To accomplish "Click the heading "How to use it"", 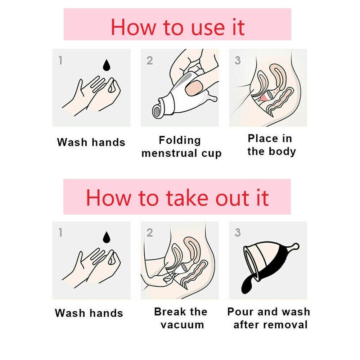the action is (x=177, y=27).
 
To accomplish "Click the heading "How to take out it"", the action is (x=177, y=198).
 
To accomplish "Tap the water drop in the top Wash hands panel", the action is (x=106, y=66).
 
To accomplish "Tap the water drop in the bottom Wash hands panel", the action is (x=106, y=237).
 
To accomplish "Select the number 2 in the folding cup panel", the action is (x=150, y=60).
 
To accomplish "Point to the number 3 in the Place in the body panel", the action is (x=238, y=60).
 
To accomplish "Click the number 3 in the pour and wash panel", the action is (x=238, y=232).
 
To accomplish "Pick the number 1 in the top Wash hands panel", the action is (x=60, y=60).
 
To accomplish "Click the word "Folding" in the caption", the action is (x=180, y=140).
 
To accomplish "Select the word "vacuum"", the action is (x=182, y=325).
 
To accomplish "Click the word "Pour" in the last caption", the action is (x=240, y=311).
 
